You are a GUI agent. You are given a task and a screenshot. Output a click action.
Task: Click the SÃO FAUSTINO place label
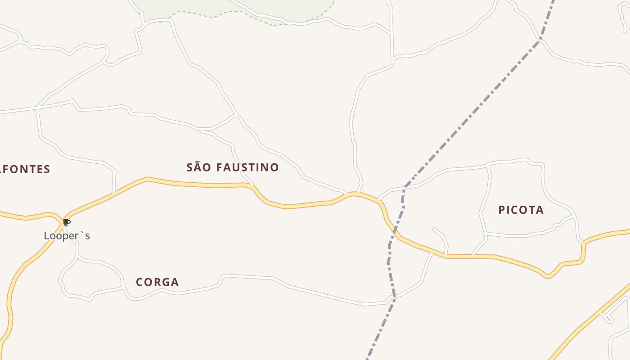coord(233,167)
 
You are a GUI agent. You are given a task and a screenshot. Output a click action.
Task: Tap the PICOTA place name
coord(521,210)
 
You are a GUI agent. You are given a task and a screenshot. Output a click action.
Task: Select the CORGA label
coord(157,282)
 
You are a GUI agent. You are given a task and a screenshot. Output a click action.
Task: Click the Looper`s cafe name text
coord(67,236)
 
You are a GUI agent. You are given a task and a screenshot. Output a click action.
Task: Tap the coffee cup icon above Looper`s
coord(67,222)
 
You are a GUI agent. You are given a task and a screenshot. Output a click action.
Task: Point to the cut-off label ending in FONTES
coord(25,169)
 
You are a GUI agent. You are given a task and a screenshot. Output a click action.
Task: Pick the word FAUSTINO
coord(247,167)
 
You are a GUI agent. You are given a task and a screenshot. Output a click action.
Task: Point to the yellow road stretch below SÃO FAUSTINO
coord(216,185)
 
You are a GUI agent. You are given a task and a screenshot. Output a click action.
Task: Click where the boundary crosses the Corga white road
coord(394,297)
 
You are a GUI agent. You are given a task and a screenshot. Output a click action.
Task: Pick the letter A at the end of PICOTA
coord(540,210)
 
